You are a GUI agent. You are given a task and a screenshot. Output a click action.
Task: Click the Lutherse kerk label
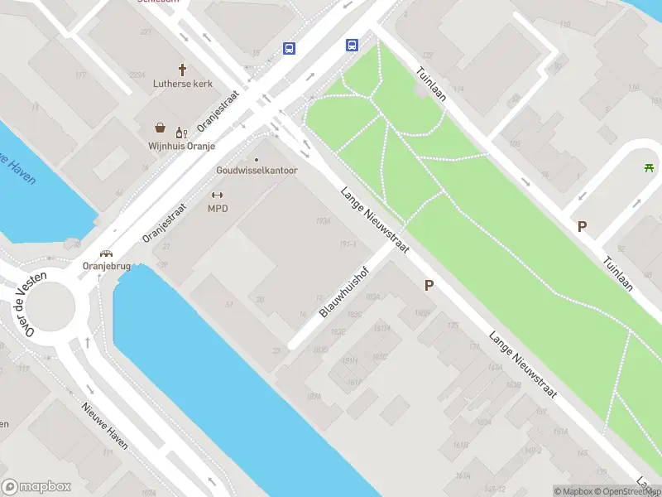[182, 84]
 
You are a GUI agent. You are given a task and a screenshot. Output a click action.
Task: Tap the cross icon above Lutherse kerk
[182, 70]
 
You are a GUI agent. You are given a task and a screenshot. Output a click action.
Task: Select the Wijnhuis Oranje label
[182, 146]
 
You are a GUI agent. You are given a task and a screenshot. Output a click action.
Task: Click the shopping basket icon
[160, 128]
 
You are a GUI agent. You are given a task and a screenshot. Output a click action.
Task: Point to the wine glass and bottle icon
[180, 130]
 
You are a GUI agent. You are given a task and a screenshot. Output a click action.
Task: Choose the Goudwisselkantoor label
[257, 170]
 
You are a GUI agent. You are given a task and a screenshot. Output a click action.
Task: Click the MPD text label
[218, 208]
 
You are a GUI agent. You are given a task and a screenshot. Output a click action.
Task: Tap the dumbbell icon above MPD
[218, 195]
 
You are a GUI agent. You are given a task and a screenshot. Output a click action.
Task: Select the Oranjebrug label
[107, 266]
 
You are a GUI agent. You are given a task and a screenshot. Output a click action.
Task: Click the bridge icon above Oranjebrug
[107, 253]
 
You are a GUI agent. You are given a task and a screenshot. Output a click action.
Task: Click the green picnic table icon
[650, 168]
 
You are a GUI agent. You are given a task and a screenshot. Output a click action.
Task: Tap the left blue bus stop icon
[289, 48]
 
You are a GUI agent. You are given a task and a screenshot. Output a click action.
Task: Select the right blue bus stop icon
[352, 46]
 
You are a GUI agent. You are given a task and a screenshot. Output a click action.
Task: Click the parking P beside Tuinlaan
[582, 225]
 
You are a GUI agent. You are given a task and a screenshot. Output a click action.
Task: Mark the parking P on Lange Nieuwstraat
[429, 285]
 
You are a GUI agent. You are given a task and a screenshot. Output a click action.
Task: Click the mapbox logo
[37, 487]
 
